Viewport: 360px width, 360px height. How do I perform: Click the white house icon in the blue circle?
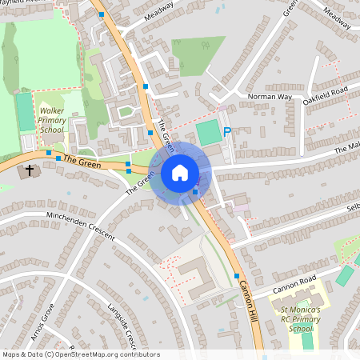point(179,172)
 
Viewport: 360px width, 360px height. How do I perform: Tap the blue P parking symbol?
point(227,133)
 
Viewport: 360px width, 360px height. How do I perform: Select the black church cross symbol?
point(30,170)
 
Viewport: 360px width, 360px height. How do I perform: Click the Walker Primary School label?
point(52,121)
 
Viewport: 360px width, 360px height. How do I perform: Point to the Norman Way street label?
point(269,97)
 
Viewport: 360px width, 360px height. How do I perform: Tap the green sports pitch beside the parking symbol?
point(209,132)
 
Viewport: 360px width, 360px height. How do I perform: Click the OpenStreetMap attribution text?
point(80,354)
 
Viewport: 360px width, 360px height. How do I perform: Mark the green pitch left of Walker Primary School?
point(25,111)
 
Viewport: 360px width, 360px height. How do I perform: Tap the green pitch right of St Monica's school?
point(345,276)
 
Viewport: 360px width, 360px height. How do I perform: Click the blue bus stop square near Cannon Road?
point(237,276)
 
